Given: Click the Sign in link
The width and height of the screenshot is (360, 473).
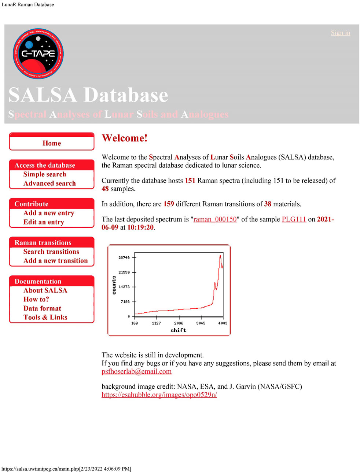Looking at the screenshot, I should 340,33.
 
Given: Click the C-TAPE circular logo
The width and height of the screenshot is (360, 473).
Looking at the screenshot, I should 38,54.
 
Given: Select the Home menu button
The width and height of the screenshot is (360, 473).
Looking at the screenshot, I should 52,143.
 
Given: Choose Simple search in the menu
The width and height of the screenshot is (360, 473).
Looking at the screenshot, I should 45,175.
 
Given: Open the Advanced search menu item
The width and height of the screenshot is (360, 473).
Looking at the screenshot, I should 49,183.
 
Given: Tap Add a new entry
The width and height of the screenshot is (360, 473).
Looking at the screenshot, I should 49,213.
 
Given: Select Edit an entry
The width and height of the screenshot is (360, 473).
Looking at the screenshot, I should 44,222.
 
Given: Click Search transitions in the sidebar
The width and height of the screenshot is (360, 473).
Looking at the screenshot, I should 51,252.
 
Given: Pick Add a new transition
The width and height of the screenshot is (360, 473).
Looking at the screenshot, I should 56,261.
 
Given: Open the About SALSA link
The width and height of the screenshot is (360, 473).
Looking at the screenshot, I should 45,290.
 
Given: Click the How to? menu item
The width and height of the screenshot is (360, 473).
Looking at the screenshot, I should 36,300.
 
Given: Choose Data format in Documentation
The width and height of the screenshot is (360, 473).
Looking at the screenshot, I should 42,308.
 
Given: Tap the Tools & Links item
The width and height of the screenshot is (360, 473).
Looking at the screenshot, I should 45,318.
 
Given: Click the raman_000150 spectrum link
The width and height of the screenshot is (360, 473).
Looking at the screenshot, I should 215,219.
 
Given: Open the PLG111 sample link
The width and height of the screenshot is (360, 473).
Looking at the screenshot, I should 294,219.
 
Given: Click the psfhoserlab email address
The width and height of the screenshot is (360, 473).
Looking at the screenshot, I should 136,371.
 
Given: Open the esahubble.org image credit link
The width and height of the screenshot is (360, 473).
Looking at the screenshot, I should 159,395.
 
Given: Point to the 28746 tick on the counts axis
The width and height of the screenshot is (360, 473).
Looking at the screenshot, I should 124,258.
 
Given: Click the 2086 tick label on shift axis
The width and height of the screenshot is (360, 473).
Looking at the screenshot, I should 179,323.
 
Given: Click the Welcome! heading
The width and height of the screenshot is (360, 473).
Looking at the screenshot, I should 125,138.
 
